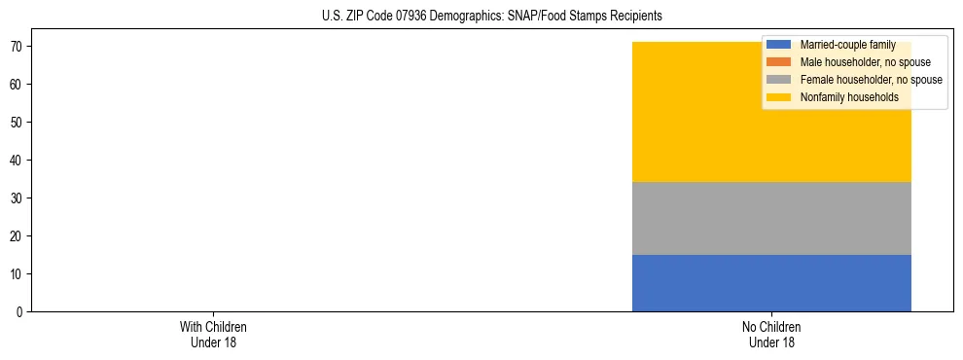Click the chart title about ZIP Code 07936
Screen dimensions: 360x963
click(x=491, y=17)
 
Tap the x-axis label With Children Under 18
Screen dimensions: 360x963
click(x=207, y=334)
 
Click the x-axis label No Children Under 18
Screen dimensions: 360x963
click(x=771, y=334)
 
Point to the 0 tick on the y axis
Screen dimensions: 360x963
click(x=20, y=312)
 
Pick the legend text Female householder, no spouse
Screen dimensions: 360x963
click(x=871, y=80)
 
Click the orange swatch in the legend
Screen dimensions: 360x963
click(x=778, y=62)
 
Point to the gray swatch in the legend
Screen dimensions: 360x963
click(x=778, y=80)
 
